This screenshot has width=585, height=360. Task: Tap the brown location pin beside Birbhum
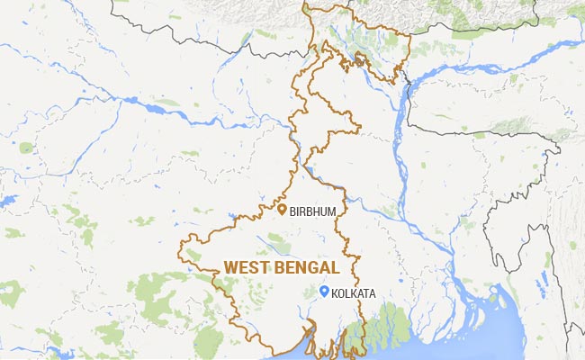(281, 211)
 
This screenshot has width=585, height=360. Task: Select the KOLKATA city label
(355, 292)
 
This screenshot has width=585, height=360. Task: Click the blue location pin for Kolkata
(324, 291)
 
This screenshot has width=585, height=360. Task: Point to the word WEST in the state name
(245, 267)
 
